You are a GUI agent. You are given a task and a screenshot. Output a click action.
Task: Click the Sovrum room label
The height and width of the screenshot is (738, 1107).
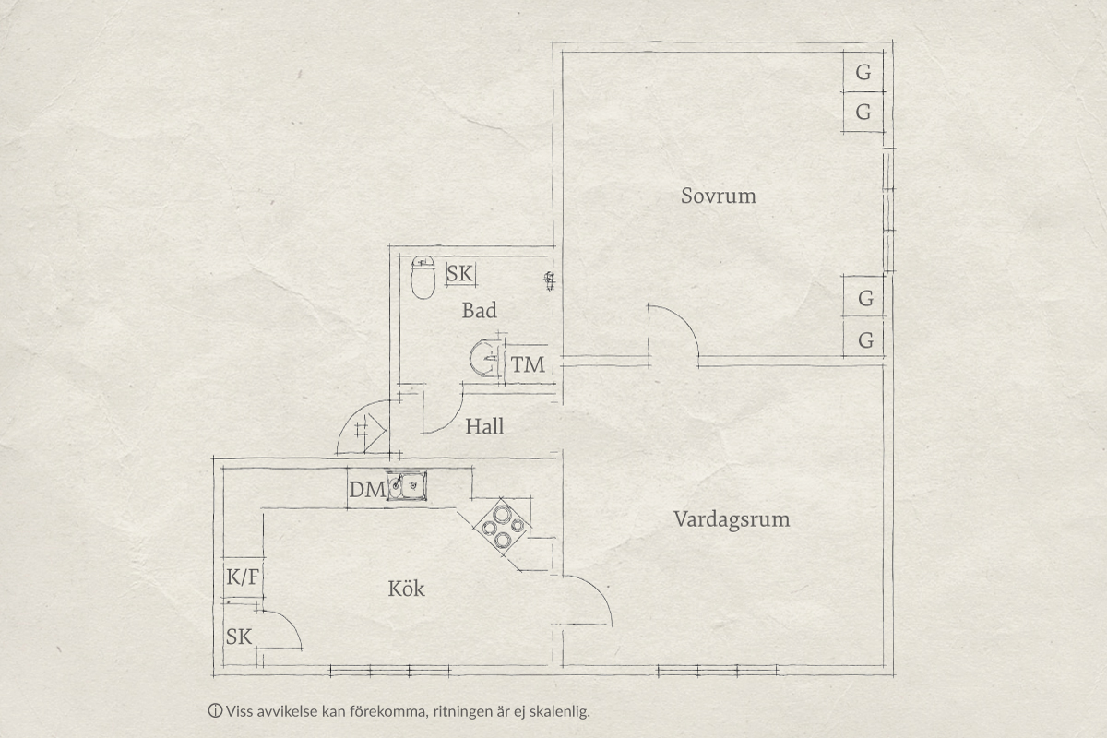click(719, 196)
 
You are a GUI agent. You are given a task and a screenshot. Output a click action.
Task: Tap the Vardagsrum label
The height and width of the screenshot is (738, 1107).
click(732, 520)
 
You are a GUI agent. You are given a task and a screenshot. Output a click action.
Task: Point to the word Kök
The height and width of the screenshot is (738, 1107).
click(406, 589)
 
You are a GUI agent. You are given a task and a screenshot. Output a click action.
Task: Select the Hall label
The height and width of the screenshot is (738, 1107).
click(484, 426)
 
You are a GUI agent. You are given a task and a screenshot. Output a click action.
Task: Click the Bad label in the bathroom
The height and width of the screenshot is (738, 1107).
click(480, 311)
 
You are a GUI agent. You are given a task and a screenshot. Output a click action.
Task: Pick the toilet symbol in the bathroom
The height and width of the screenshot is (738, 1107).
click(423, 278)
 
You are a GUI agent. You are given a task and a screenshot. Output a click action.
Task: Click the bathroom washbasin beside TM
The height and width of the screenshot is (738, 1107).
click(484, 357)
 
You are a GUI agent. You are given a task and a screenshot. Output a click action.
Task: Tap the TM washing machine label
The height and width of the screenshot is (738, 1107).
click(528, 365)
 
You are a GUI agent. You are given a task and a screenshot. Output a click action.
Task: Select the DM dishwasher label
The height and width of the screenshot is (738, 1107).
click(367, 490)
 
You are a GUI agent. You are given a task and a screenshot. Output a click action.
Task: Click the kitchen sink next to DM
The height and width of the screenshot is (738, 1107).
click(407, 486)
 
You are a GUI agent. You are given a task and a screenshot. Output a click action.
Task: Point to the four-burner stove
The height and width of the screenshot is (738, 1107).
click(503, 527)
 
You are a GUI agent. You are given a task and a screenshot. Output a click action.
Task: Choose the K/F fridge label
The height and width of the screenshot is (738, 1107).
click(243, 577)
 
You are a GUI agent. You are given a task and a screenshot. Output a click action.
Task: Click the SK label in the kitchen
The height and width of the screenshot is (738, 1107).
click(239, 637)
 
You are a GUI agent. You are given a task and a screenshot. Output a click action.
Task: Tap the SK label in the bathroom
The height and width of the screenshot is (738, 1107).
click(460, 273)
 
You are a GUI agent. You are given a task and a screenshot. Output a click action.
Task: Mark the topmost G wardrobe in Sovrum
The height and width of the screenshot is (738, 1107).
click(863, 72)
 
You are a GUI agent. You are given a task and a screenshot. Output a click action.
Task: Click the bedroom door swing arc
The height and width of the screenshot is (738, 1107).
click(683, 319)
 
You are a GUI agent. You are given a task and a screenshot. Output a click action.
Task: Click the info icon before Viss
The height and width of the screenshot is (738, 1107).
click(215, 711)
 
